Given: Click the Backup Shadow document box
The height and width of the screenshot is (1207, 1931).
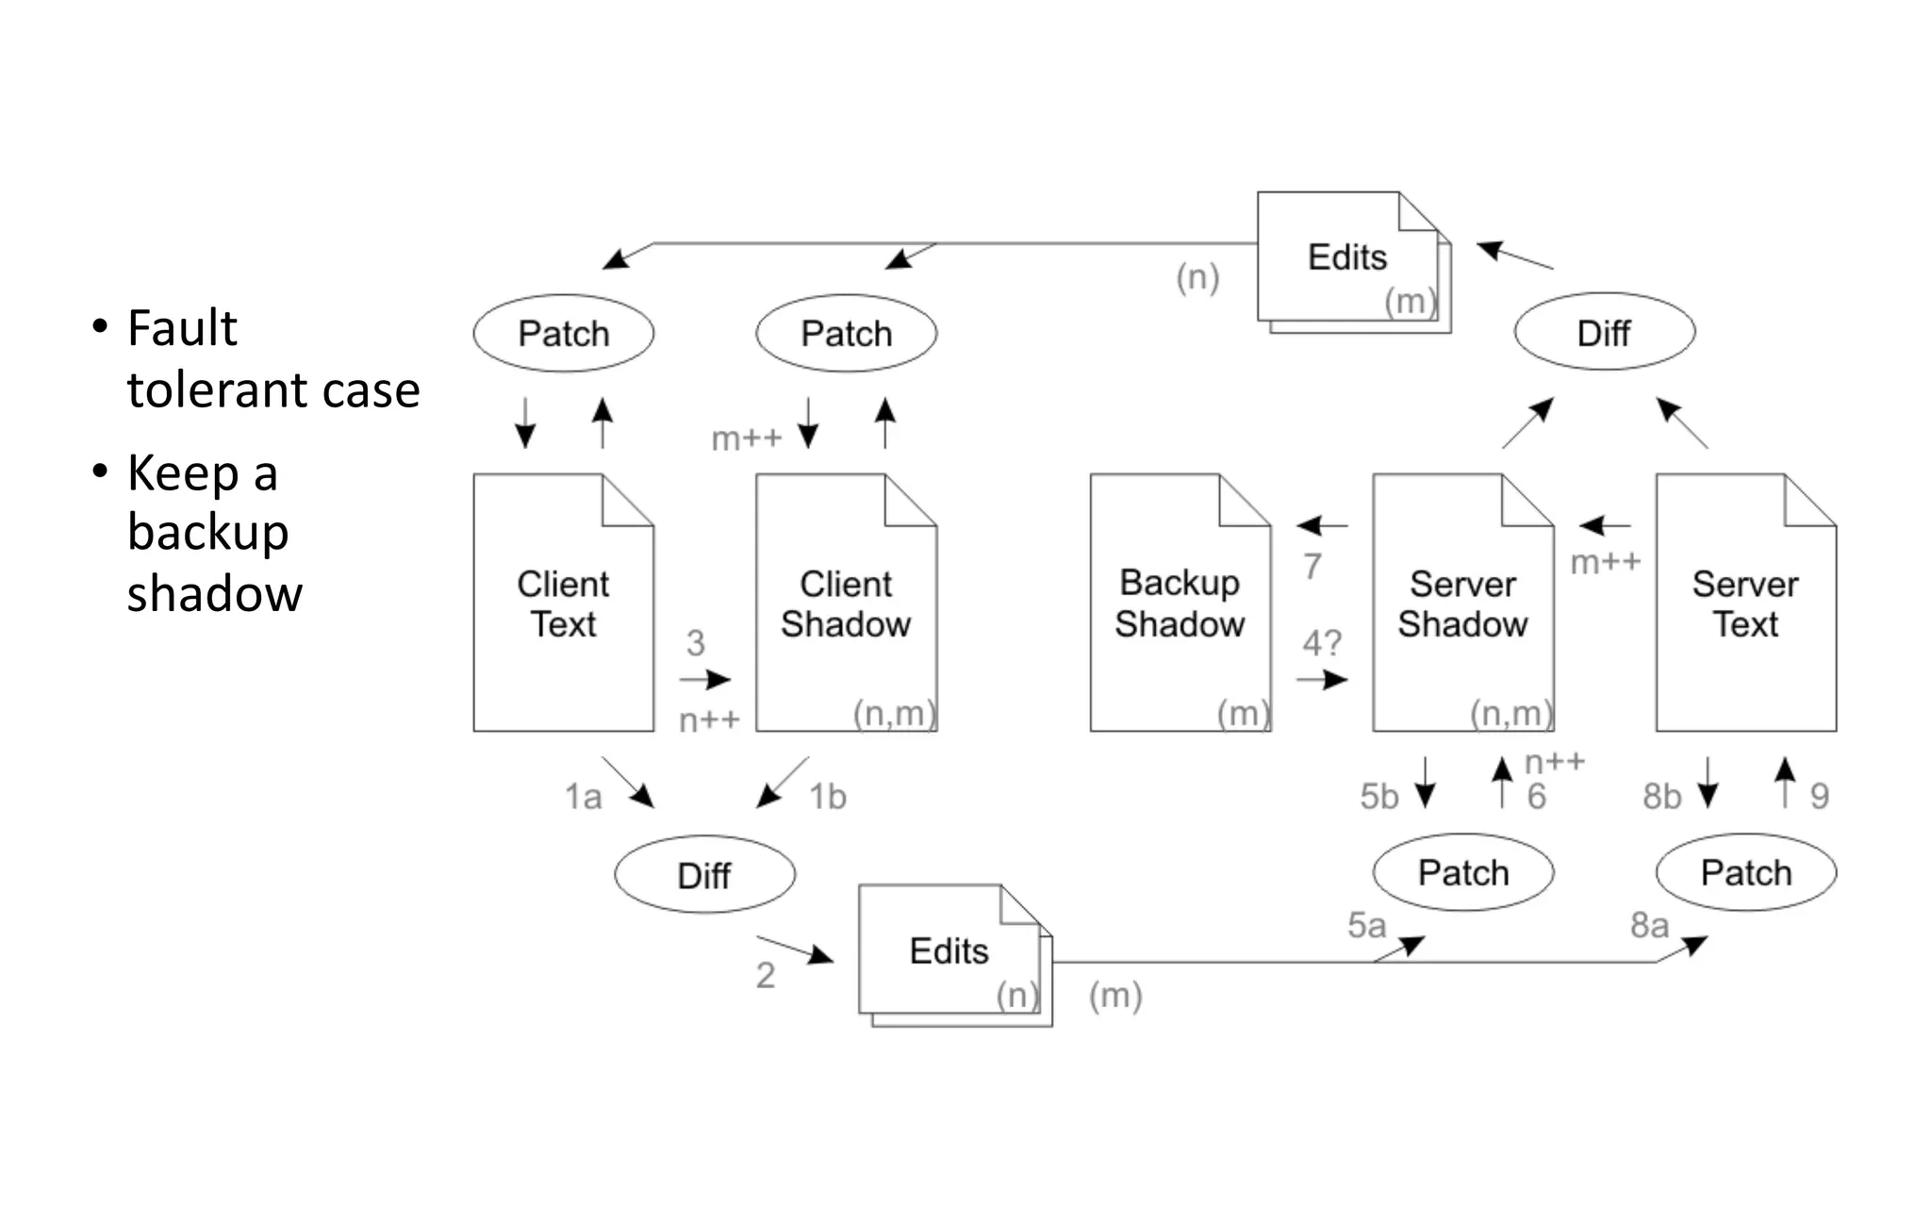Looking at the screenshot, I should coord(1180,603).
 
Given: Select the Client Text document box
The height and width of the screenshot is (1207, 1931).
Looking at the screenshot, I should coord(563,603).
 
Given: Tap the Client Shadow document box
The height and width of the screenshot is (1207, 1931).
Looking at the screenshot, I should coord(846,603).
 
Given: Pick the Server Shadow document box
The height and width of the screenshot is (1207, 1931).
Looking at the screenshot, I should coord(1462,603).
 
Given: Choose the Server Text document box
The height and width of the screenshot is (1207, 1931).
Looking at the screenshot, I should coord(1745,603).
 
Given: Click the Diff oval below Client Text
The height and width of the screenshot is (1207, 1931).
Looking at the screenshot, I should coord(704,875).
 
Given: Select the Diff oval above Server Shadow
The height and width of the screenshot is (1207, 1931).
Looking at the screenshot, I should coord(1604,332).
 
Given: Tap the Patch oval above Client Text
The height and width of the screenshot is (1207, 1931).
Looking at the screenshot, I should coord(563,333).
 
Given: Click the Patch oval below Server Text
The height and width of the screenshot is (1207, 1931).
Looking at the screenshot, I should coord(1745,872).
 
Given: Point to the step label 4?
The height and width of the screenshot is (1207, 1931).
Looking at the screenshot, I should coord(1321,643).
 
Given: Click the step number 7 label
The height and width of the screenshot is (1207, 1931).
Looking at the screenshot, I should coord(1312,566).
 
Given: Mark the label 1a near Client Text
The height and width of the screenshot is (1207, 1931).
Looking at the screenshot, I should coord(583,797).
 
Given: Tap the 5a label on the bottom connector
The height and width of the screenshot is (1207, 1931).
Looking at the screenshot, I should coord(1366,925).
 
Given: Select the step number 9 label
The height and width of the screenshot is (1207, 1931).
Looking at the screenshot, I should coord(1819,797).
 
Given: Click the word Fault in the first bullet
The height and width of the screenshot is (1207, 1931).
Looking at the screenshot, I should coord(182,328).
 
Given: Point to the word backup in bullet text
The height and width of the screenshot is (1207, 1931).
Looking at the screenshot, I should coord(207,533).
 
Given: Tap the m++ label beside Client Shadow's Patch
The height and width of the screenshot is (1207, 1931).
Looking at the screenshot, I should coord(746,438).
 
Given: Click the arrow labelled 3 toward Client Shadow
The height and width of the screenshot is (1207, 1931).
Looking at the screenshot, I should coord(704,679).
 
